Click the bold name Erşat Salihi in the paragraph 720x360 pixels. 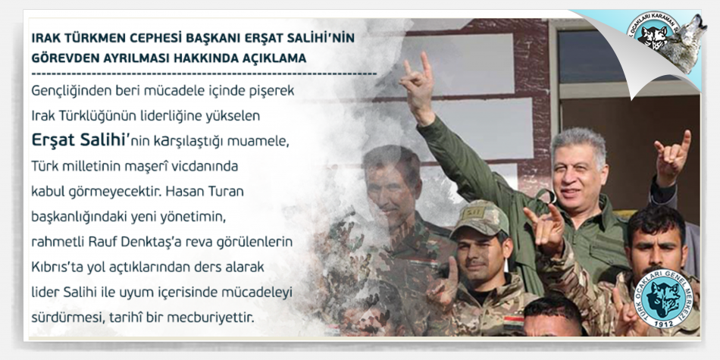tap(77, 140)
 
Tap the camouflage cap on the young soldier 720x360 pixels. tap(481, 218)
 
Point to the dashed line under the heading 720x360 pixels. tap(205, 74)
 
